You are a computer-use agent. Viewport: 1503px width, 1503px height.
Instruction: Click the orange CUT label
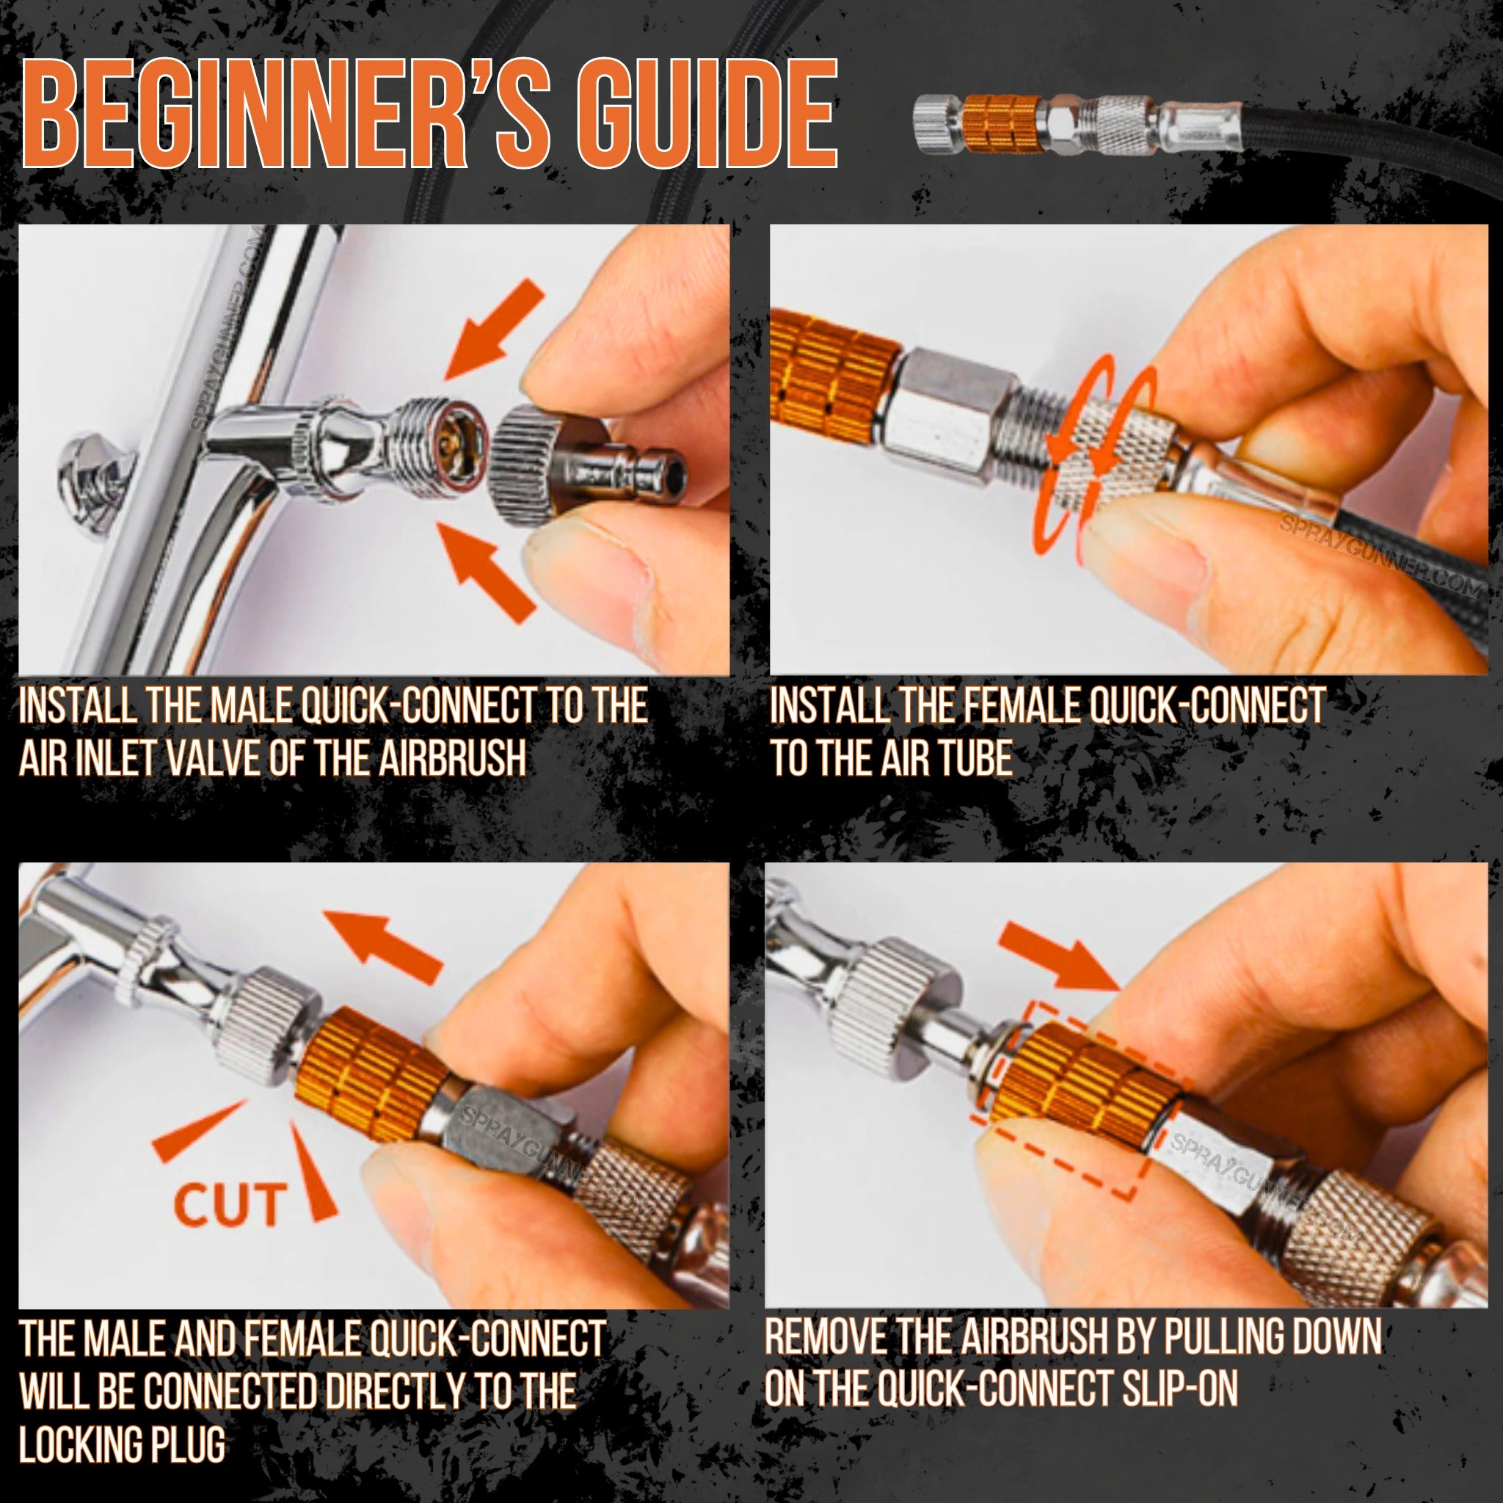click(x=229, y=1205)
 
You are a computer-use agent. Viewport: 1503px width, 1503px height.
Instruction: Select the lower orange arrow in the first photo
click(x=489, y=570)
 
